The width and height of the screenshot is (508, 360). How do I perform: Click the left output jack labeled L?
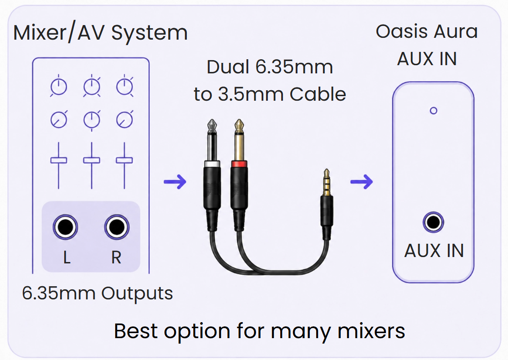click(65, 227)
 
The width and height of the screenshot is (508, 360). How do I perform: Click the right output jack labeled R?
click(117, 227)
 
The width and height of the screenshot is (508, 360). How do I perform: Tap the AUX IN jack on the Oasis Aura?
click(433, 222)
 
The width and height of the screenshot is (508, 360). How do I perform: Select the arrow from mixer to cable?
click(175, 181)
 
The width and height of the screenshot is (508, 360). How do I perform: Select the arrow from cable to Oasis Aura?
click(362, 181)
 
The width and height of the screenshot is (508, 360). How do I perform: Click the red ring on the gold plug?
click(239, 164)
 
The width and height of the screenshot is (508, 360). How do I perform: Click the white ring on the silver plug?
click(212, 164)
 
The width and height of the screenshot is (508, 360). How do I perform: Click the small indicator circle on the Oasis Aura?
click(433, 111)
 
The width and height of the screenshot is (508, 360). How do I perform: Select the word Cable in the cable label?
click(318, 94)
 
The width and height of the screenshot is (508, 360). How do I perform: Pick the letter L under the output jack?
click(67, 257)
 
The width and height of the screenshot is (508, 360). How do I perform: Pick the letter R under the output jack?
click(116, 257)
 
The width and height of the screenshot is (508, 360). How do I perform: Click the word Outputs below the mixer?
click(137, 293)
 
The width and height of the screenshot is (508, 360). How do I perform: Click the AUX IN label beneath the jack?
click(434, 251)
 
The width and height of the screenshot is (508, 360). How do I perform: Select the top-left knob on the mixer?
click(59, 87)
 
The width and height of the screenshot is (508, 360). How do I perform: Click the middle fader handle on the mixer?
click(92, 160)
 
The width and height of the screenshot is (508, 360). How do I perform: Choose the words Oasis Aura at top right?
click(427, 31)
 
